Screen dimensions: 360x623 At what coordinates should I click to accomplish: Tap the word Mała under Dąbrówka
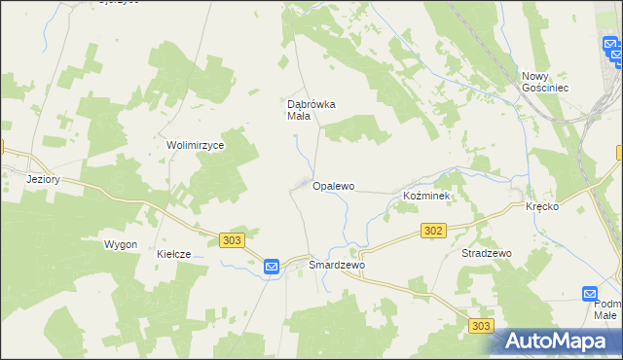(x=298, y=117)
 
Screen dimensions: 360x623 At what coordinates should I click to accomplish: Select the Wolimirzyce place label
(x=196, y=145)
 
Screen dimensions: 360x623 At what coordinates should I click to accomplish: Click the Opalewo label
(x=333, y=185)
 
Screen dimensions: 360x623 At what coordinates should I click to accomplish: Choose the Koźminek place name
(x=425, y=196)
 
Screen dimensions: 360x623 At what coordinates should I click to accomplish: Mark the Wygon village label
(x=121, y=244)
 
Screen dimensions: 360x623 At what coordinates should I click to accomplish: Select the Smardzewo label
(x=336, y=265)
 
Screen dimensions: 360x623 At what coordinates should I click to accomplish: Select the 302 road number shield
(x=434, y=231)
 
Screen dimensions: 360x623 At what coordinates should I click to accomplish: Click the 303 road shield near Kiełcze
(x=232, y=240)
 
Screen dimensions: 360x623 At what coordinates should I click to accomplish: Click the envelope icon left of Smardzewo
(x=272, y=266)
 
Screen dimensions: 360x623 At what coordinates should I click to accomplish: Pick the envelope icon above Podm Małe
(x=590, y=293)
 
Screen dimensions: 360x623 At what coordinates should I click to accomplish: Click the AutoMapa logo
(x=557, y=341)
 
